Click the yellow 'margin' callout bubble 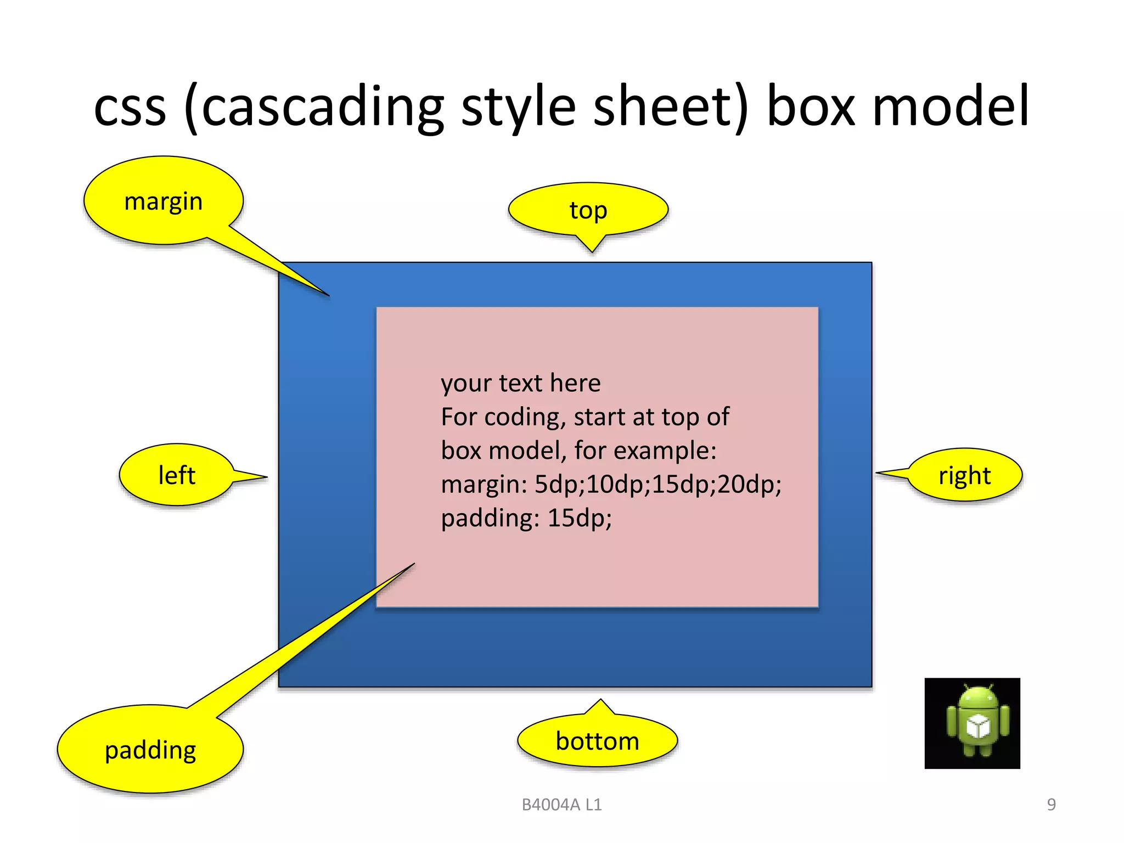[164, 201]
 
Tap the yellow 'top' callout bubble [588, 210]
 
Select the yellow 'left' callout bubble [177, 475]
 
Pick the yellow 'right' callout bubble [964, 475]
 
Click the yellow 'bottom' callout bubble [597, 741]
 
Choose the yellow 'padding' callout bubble [150, 750]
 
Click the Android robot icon [972, 723]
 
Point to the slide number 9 [1051, 805]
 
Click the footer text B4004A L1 [561, 805]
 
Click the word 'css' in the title [130, 107]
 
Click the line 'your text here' [520, 383]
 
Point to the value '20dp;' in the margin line [749, 485]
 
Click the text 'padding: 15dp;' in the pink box [526, 518]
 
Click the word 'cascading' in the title [323, 107]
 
